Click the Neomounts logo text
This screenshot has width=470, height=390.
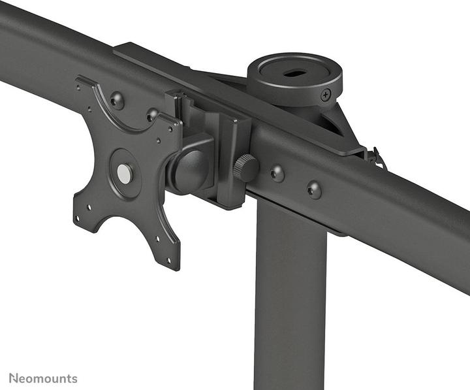point(43,378)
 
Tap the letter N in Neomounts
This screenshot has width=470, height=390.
point(13,378)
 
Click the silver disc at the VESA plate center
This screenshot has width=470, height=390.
point(124,173)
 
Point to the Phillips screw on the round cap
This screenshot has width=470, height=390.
point(326,95)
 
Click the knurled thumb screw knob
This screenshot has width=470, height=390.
point(245,168)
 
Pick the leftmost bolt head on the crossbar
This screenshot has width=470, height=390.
point(117,101)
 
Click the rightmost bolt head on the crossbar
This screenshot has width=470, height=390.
point(314,190)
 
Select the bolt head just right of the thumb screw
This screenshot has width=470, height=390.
point(277,174)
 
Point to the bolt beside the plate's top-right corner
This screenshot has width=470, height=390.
point(153,115)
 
